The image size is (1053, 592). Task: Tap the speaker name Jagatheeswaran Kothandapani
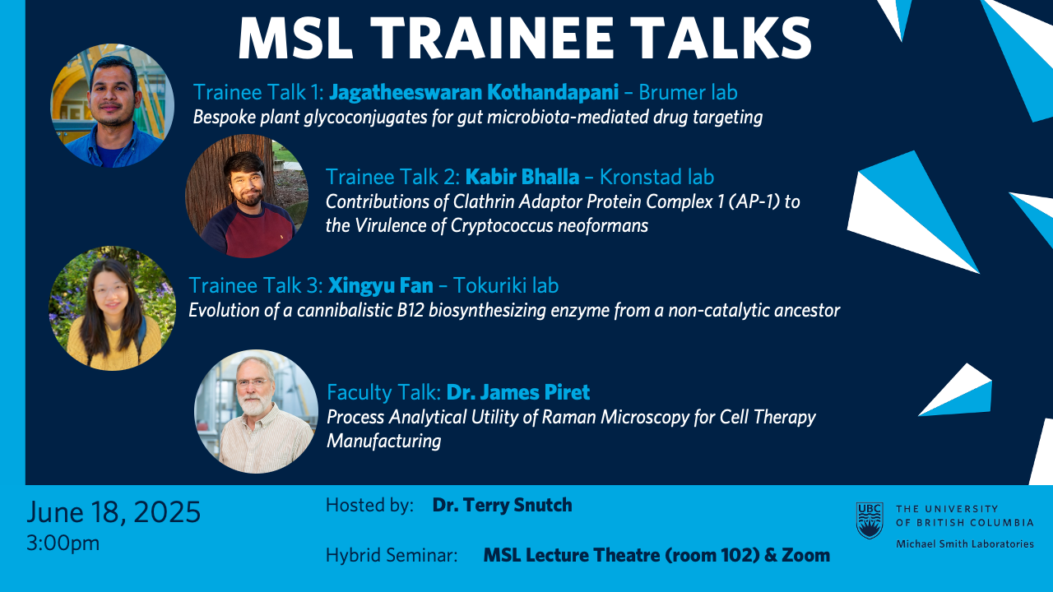pyautogui.click(x=473, y=92)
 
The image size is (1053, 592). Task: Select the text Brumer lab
pyautogui.click(x=688, y=92)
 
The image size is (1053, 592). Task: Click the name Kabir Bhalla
pyautogui.click(x=522, y=177)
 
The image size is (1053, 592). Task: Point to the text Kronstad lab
pyautogui.click(x=656, y=177)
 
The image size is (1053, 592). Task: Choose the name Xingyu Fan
pyautogui.click(x=380, y=285)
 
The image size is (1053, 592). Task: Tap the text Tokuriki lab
pyautogui.click(x=506, y=285)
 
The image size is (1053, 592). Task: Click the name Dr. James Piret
pyautogui.click(x=518, y=392)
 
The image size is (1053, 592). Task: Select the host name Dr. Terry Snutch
pyautogui.click(x=502, y=505)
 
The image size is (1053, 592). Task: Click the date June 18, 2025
pyautogui.click(x=114, y=512)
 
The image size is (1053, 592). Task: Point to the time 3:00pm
pyautogui.click(x=63, y=543)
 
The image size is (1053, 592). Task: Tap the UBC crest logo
pyautogui.click(x=870, y=520)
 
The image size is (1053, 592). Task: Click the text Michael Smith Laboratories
pyautogui.click(x=965, y=544)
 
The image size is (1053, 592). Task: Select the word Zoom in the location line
pyautogui.click(x=805, y=555)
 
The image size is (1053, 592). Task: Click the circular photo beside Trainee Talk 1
pyautogui.click(x=113, y=106)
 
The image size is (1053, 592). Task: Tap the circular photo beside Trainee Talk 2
pyautogui.click(x=247, y=196)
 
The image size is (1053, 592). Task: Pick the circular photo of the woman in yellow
pyautogui.click(x=113, y=308)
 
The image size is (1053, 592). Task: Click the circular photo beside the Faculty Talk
pyautogui.click(x=256, y=411)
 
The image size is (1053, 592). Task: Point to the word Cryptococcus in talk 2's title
pyautogui.click(x=502, y=226)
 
